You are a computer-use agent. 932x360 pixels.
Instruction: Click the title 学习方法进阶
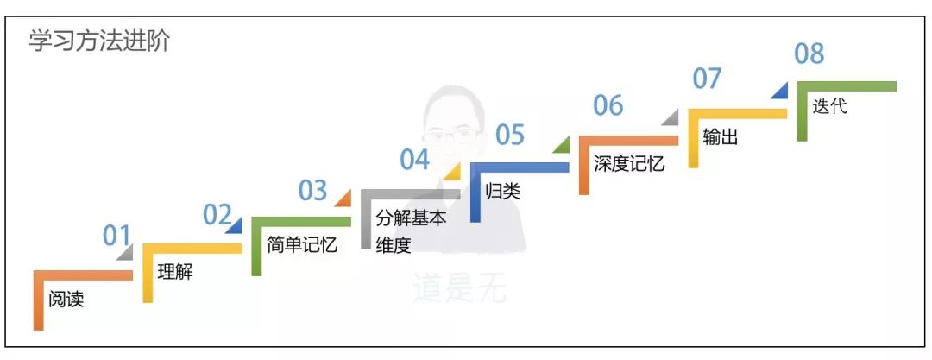tap(99, 41)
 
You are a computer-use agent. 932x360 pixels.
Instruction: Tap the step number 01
tap(116, 236)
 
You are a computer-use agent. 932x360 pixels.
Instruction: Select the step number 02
tap(217, 214)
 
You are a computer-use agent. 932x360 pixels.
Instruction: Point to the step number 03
tap(313, 190)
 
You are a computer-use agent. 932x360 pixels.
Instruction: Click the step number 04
tap(414, 160)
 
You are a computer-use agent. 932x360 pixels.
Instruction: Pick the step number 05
tap(510, 135)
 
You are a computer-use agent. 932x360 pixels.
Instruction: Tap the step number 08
tap(809, 54)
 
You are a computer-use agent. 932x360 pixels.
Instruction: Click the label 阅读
tap(66, 300)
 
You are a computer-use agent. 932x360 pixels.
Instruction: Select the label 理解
tap(175, 273)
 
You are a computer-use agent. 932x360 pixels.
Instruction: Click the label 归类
tap(503, 191)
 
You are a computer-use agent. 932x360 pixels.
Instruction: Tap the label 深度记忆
tap(629, 163)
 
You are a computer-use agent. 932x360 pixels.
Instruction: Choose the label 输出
tap(721, 136)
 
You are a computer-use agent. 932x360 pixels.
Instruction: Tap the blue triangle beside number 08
tap(779, 89)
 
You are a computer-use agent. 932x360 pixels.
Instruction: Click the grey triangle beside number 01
tap(126, 252)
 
